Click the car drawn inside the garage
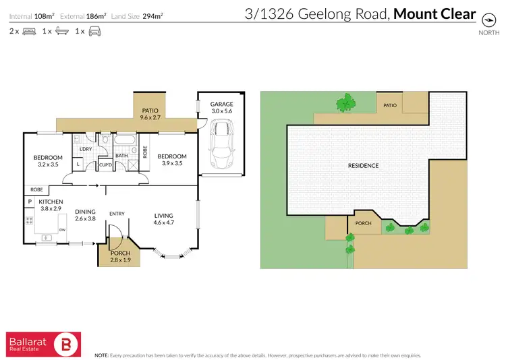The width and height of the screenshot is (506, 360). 221,144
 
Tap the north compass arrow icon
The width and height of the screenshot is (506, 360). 484,19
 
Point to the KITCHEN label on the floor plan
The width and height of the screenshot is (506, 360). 51,202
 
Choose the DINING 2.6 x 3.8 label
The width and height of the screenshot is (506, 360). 84,214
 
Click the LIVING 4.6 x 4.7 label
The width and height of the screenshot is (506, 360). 164,218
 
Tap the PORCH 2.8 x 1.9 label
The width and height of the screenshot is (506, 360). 120,256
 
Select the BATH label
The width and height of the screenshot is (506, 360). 121,156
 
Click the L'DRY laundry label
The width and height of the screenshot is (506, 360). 86,149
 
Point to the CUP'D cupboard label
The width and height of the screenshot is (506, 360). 105,164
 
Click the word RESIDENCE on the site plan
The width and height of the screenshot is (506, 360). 363,165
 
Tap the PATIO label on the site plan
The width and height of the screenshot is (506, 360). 389,105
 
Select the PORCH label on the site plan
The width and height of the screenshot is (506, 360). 364,223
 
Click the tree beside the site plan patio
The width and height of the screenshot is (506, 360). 345,102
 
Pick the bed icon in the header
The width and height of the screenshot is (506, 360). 29,31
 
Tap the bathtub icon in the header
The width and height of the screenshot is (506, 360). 61,31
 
